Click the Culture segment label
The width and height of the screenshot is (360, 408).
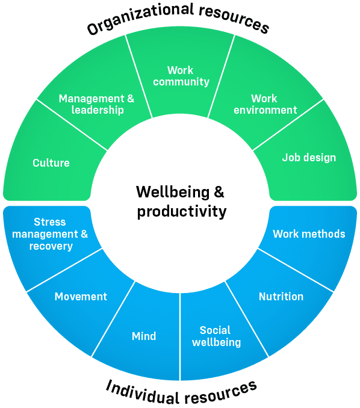(x=51, y=163)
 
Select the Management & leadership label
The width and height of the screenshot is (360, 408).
(x=96, y=104)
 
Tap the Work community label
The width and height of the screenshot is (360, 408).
(x=181, y=76)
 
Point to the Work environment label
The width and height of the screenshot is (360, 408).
(x=265, y=104)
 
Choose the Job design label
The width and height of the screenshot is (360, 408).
(x=309, y=158)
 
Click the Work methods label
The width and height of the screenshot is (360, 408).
(x=309, y=234)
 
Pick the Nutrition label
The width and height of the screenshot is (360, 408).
(x=281, y=297)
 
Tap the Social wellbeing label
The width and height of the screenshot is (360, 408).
(x=216, y=336)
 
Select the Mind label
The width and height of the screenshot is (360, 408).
(x=144, y=336)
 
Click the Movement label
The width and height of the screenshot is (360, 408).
(x=81, y=297)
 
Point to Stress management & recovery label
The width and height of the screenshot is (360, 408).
(x=50, y=234)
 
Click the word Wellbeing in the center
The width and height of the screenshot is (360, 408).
(x=173, y=192)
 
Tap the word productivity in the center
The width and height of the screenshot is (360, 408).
(x=182, y=212)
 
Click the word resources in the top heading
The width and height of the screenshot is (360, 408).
(x=234, y=18)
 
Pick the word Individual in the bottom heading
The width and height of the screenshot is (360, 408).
(x=143, y=393)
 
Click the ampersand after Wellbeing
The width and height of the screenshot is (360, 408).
(x=219, y=192)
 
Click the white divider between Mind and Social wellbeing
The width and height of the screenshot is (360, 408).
(x=180, y=337)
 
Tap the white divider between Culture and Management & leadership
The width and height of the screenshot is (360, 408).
(x=72, y=125)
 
